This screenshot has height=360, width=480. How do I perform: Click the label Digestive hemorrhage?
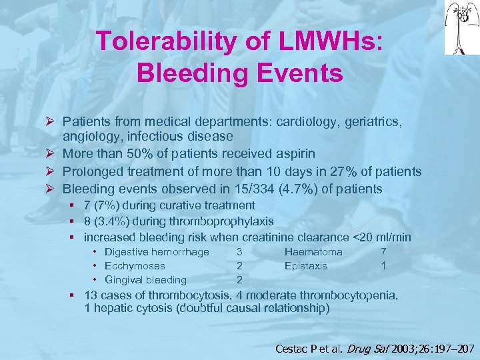click(x=157, y=252)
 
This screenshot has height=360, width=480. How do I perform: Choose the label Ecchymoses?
click(x=135, y=266)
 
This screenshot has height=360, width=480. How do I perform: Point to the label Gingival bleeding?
click(x=145, y=280)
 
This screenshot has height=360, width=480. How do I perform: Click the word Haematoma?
click(x=313, y=252)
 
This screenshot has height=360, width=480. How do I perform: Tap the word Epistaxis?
click(x=306, y=266)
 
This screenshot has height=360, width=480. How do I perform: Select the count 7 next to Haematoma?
click(x=383, y=252)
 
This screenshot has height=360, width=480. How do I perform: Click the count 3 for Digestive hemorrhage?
click(x=239, y=252)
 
